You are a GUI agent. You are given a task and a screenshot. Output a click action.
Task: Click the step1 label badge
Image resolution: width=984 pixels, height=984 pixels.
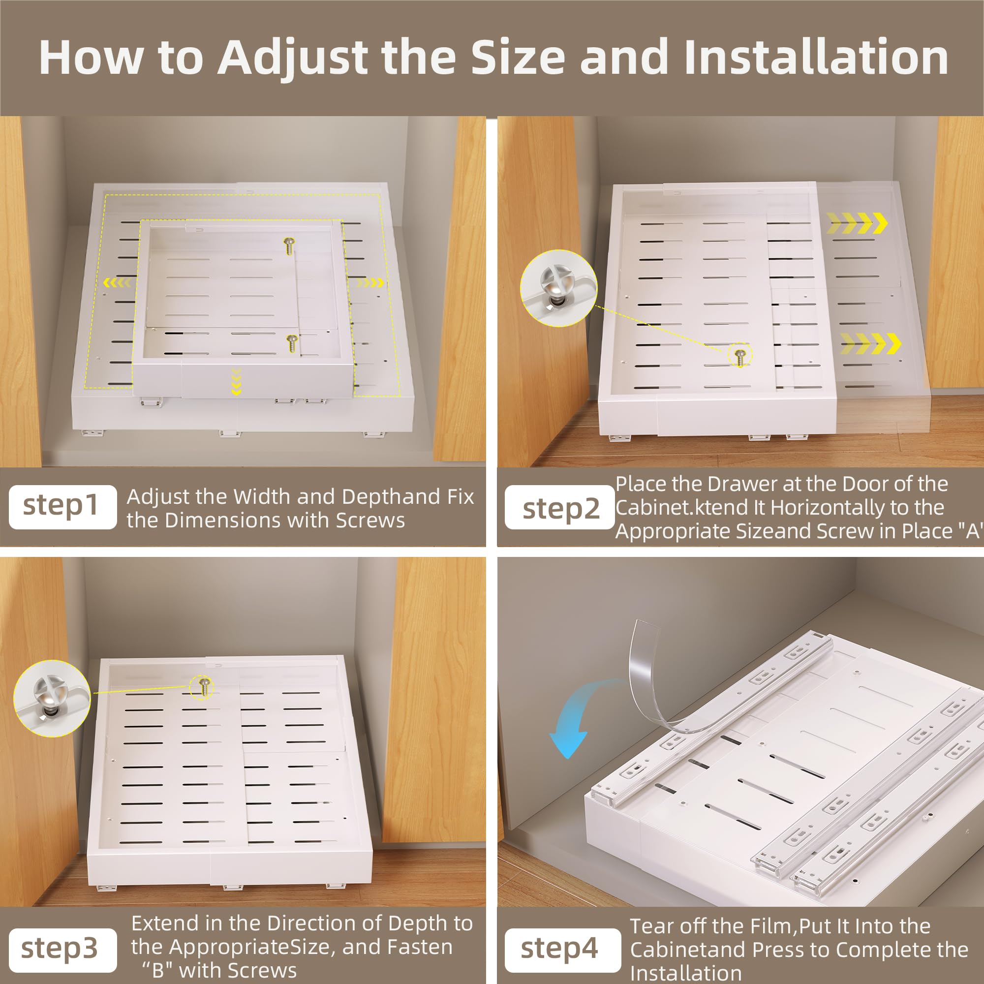click(62, 507)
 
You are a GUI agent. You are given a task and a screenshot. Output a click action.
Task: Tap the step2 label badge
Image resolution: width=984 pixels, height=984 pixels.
click(560, 507)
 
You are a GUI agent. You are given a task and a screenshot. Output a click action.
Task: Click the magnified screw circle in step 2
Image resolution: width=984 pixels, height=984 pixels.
click(559, 288)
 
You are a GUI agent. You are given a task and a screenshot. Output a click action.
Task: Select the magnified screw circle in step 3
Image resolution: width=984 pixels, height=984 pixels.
click(52, 698)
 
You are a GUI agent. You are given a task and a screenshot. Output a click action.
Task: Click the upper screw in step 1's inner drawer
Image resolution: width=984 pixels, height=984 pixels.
click(290, 246)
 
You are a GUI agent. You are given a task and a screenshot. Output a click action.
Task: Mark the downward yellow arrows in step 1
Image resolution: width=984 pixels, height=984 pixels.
click(236, 382)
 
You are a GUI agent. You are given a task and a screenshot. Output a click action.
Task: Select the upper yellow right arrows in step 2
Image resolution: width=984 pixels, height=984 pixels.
click(857, 222)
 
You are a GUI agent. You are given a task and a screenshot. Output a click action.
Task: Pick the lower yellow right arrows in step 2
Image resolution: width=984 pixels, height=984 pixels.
click(870, 343)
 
